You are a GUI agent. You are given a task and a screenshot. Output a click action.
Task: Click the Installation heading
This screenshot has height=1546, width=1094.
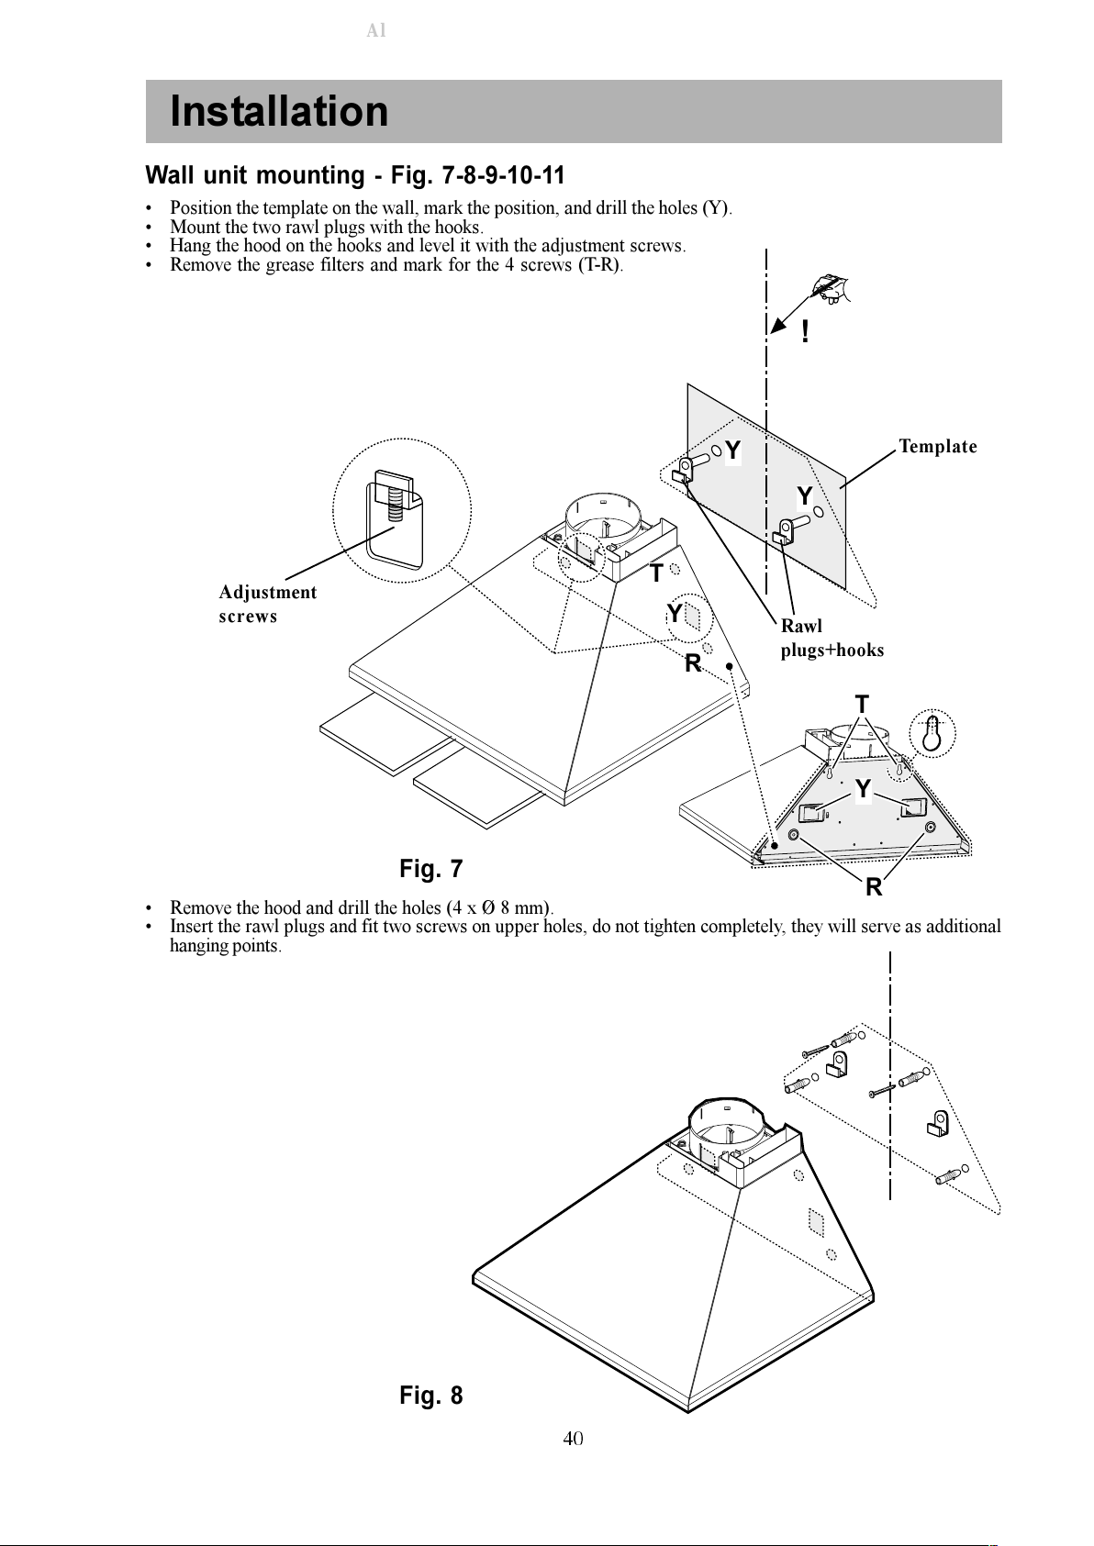(x=279, y=111)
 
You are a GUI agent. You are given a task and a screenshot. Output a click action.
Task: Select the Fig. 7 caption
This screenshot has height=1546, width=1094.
(x=430, y=868)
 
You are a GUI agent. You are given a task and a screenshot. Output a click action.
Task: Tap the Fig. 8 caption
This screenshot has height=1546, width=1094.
(x=430, y=1395)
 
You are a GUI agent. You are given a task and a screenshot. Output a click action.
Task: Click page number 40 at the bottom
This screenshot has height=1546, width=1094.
(x=573, y=1439)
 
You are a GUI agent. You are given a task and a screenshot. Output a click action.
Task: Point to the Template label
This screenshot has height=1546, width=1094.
(x=937, y=447)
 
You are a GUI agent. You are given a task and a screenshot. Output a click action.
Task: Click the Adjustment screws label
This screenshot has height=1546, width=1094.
(x=268, y=604)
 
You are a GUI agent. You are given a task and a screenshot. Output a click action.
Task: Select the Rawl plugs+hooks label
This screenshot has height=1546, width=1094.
(x=832, y=638)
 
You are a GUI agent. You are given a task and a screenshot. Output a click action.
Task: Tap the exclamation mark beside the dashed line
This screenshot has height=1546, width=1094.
(x=805, y=332)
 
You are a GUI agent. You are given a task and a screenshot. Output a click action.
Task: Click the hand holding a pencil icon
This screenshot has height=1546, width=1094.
(x=832, y=288)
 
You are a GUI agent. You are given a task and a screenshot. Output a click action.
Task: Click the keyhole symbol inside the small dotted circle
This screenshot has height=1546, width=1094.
(x=932, y=733)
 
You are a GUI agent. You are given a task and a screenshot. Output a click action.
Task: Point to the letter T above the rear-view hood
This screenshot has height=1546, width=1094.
(x=862, y=705)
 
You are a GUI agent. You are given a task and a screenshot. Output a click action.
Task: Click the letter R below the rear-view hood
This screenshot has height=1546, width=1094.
(x=874, y=887)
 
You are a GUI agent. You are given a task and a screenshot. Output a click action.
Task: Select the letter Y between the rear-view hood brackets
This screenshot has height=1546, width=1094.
(x=863, y=789)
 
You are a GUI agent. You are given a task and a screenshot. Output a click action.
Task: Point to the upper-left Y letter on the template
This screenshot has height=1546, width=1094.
(x=732, y=450)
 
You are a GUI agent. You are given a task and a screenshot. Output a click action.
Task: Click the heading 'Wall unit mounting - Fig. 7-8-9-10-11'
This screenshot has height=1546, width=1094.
(x=355, y=175)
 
